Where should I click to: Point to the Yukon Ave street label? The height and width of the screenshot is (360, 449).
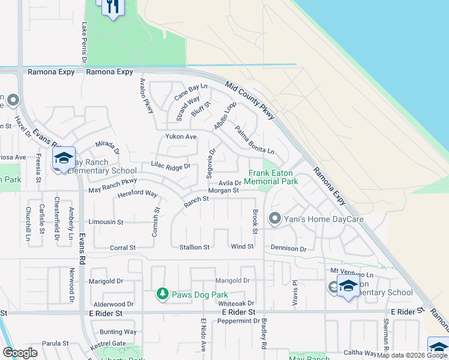(x=181, y=137)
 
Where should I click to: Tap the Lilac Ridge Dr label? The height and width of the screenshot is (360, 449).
(x=170, y=166)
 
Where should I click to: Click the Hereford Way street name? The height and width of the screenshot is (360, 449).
(x=137, y=194)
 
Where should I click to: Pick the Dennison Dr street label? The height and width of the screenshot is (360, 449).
(x=289, y=248)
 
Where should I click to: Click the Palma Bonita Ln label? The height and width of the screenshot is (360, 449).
(x=254, y=139)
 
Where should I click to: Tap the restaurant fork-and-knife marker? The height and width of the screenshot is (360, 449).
(x=112, y=7)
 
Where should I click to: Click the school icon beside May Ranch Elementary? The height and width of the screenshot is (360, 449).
(x=64, y=158)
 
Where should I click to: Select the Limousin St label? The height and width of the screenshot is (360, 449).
(x=106, y=222)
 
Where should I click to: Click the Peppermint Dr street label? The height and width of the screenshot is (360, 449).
(x=239, y=322)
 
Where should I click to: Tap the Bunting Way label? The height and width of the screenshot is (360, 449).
(x=118, y=332)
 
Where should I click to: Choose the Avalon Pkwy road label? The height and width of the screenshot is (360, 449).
(x=146, y=97)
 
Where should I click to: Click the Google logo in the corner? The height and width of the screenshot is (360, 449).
(x=20, y=353)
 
